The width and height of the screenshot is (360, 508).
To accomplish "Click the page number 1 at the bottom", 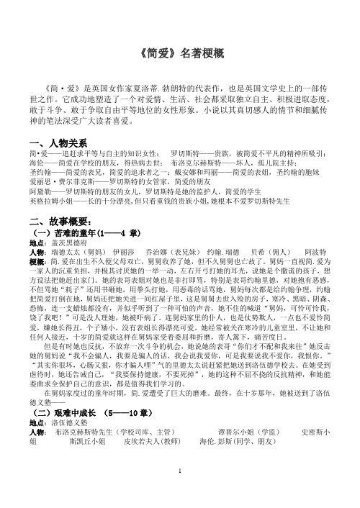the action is (x=180, y=489).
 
